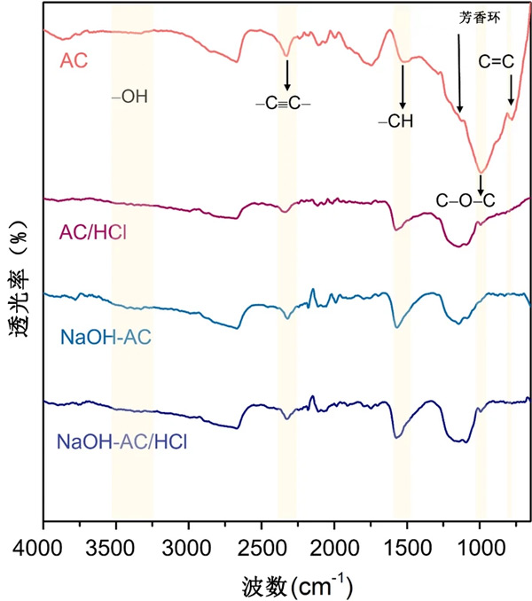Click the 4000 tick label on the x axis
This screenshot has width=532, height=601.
click(43, 543)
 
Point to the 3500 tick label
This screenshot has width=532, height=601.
click(115, 543)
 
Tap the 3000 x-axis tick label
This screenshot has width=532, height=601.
click(188, 543)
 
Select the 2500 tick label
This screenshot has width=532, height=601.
click(262, 543)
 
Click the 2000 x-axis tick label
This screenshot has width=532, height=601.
click(334, 543)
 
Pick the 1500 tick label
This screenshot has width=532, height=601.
click(407, 543)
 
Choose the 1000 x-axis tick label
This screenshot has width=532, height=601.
click(480, 543)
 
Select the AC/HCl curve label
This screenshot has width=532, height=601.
click(87, 232)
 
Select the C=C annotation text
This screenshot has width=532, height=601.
click(497, 63)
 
